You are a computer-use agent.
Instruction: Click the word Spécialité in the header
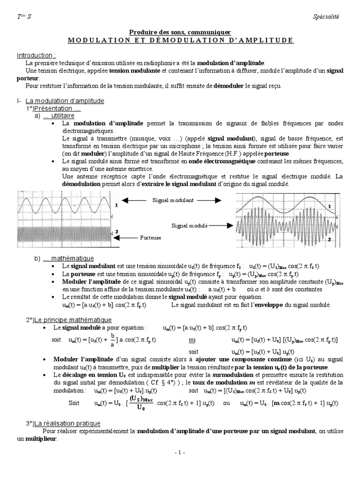pos(325,17)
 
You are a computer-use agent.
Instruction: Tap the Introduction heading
pos(36,55)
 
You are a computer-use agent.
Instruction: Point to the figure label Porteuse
pos(150,238)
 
